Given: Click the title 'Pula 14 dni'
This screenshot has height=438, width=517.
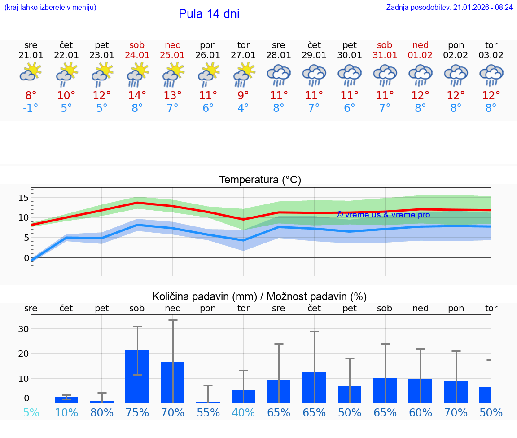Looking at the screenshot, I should click(209, 14).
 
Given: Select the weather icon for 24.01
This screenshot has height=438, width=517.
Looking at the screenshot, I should click(137, 74).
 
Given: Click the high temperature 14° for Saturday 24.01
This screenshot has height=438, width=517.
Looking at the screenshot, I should click(137, 95).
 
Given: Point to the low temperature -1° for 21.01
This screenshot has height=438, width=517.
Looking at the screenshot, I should click(31, 108).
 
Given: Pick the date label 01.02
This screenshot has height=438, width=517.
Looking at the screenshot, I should click(421, 55).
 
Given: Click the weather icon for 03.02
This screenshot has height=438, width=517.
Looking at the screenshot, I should click(491, 75).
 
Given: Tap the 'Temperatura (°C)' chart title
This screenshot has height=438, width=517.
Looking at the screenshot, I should click(260, 180).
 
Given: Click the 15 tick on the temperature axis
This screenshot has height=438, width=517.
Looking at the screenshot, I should click(24, 198).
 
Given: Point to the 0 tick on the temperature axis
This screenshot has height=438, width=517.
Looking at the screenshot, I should click(26, 258).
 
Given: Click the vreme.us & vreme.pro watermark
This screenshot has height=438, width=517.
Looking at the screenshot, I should click(383, 215).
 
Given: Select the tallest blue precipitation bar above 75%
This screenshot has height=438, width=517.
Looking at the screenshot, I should click(137, 376).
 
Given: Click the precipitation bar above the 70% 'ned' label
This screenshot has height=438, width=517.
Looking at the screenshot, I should click(173, 382).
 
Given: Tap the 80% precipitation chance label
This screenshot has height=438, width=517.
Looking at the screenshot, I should click(102, 412).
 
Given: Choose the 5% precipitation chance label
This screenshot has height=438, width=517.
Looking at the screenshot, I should click(31, 412).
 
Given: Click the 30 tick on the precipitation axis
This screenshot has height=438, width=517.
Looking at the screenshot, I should click(24, 329).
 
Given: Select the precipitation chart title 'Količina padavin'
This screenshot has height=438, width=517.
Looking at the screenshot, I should click(259, 296).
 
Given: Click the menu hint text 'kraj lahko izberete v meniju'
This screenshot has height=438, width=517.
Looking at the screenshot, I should click(50, 7).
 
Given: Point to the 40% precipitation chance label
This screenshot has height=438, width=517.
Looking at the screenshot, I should click(243, 412).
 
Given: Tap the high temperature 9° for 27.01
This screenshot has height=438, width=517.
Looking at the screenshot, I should click(243, 95).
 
